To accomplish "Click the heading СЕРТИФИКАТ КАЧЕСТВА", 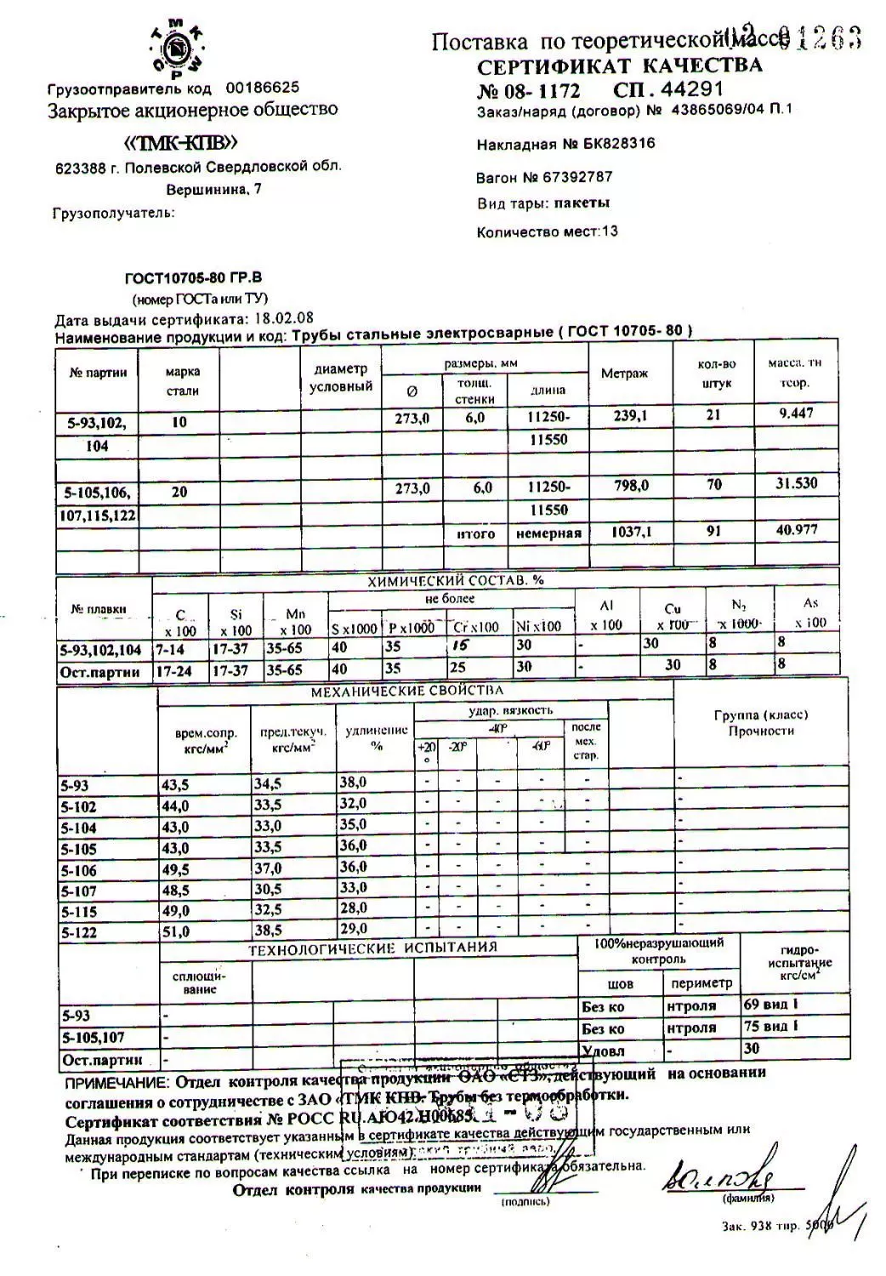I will pyautogui.click(x=619, y=66).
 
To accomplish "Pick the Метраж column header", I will pyautogui.click(x=624, y=373).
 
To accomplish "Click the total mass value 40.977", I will pyautogui.click(x=796, y=528).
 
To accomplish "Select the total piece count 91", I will pyautogui.click(x=713, y=530).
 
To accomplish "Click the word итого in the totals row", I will pyautogui.click(x=475, y=533).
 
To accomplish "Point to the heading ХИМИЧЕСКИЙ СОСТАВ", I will pyautogui.click(x=455, y=581).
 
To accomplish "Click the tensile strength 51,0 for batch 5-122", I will pyautogui.click(x=176, y=931).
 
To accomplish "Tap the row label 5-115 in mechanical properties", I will pyautogui.click(x=79, y=912).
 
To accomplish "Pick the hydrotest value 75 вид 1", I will pyautogui.click(x=770, y=1027).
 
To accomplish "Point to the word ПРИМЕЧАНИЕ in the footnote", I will pyautogui.click(x=117, y=1083).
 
